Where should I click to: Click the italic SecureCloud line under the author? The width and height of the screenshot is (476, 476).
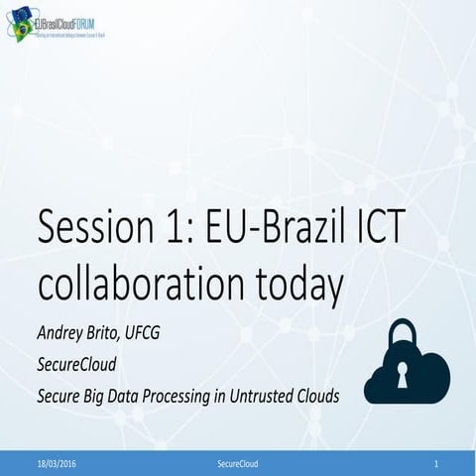(77, 364)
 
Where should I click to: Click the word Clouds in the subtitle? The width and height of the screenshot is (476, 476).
(312, 396)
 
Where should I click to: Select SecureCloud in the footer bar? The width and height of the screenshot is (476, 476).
(237, 463)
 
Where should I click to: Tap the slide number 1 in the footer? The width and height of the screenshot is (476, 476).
(436, 463)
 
